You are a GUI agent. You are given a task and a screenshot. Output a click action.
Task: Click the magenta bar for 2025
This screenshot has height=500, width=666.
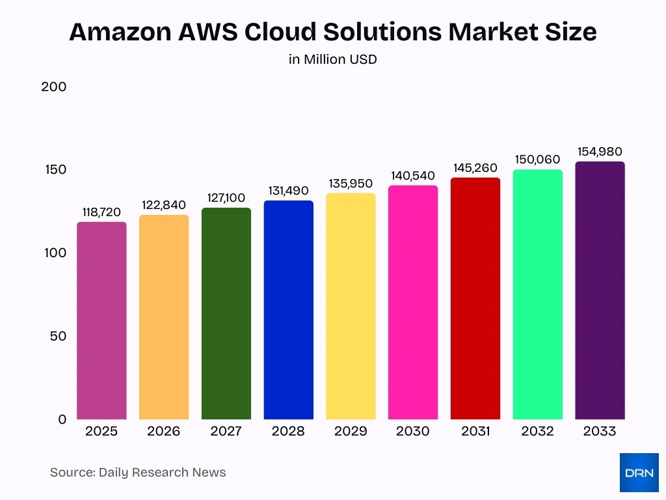pyautogui.click(x=101, y=320)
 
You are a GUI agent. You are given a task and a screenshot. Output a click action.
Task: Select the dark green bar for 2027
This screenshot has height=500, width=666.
pyautogui.click(x=226, y=313)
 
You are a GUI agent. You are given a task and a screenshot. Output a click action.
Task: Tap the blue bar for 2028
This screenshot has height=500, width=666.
pyautogui.click(x=288, y=310)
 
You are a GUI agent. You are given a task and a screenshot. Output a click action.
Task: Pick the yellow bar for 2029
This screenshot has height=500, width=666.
pyautogui.click(x=351, y=306)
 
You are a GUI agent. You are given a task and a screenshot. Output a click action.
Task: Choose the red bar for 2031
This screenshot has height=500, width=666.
pyautogui.click(x=475, y=298)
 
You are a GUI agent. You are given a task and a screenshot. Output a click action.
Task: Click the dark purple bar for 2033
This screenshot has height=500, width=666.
pyautogui.click(x=600, y=290)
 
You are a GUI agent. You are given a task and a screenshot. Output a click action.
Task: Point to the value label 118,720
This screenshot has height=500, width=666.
pyautogui.click(x=101, y=212)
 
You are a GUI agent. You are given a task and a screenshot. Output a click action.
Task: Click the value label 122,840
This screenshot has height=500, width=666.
pyautogui.click(x=164, y=205)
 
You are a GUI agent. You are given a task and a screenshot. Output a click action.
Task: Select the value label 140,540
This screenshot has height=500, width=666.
pyautogui.click(x=413, y=176)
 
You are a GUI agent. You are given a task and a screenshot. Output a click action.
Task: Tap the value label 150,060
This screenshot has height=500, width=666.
pyautogui.click(x=538, y=160)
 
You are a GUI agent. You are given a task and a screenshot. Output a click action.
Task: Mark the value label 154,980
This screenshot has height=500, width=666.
pyautogui.click(x=600, y=152)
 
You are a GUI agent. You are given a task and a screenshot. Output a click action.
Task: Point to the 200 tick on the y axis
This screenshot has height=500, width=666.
pyautogui.click(x=54, y=87)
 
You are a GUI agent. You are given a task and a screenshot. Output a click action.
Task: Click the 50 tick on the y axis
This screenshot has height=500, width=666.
pyautogui.click(x=58, y=336)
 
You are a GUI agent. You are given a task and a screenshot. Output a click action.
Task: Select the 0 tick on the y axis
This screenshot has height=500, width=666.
pyautogui.click(x=62, y=419)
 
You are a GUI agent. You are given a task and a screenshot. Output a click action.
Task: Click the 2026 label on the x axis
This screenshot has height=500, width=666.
pyautogui.click(x=164, y=432)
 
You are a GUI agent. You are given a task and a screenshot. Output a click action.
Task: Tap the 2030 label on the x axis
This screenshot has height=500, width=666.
pyautogui.click(x=413, y=432)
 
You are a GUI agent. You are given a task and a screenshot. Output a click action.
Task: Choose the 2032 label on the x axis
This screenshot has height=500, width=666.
pyautogui.click(x=538, y=432)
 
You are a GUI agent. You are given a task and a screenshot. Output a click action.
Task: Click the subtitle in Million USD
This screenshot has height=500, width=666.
pyautogui.click(x=333, y=59)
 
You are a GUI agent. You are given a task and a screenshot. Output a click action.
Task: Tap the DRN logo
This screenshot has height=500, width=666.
pyautogui.click(x=639, y=473)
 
